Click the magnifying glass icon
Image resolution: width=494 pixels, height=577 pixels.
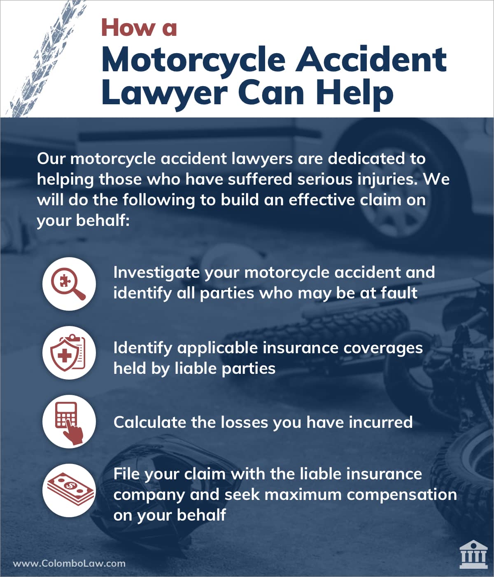68,284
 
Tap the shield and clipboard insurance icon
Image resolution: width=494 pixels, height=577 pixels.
68,353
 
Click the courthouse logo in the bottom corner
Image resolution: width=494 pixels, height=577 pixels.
473,554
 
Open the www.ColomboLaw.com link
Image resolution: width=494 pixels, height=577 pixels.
69,563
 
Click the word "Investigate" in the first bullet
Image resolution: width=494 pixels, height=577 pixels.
156,273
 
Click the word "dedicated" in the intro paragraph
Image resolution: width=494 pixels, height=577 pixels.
366,159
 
